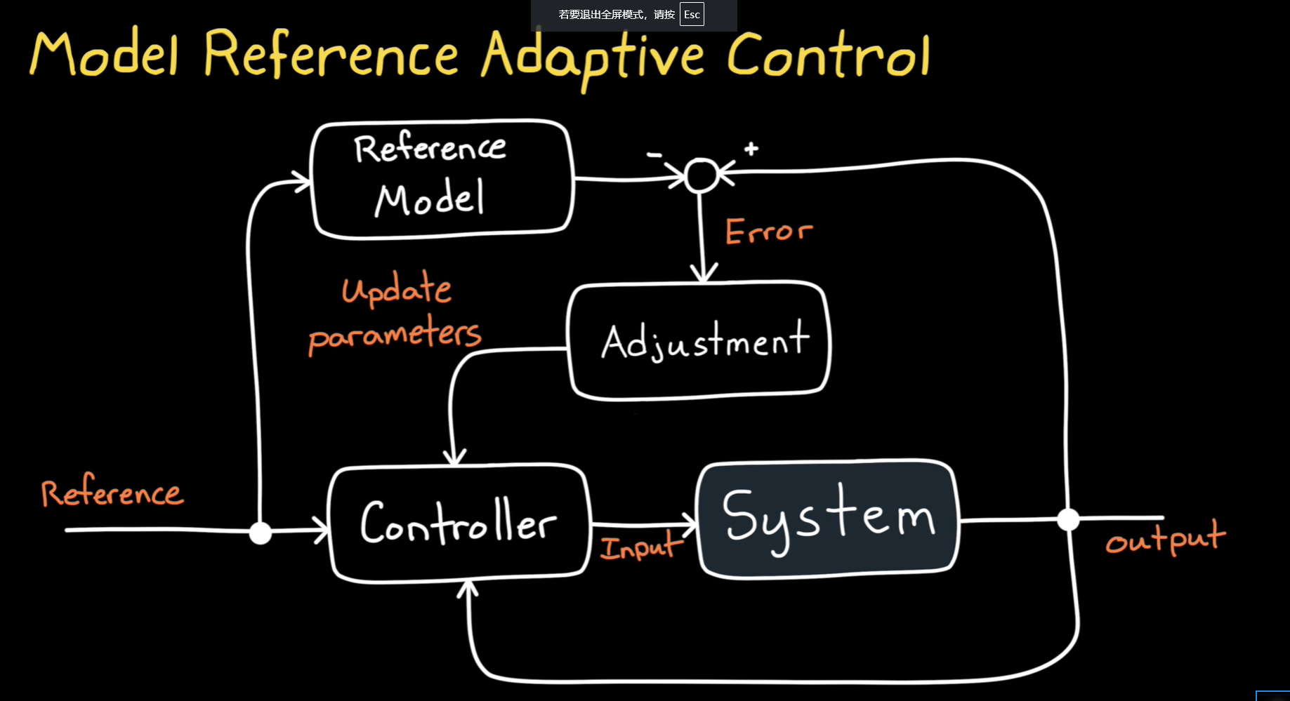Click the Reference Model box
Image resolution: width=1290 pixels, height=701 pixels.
[x=442, y=179]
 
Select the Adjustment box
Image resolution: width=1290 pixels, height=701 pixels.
[x=699, y=341]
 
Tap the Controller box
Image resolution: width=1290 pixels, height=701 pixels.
[x=459, y=523]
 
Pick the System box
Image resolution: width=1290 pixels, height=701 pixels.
[x=828, y=519]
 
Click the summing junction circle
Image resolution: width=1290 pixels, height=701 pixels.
[x=701, y=175]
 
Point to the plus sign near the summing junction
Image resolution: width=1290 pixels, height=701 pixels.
[x=751, y=149]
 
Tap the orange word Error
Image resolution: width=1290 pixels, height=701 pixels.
[x=768, y=231]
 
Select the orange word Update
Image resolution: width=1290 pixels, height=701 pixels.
[x=397, y=289]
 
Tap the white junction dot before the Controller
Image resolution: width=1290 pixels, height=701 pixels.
[x=261, y=533]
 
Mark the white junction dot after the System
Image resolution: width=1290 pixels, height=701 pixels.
[x=1068, y=520]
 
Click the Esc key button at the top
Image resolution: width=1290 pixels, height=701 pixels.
[x=692, y=15]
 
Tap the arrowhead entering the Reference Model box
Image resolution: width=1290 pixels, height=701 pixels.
[x=302, y=182]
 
